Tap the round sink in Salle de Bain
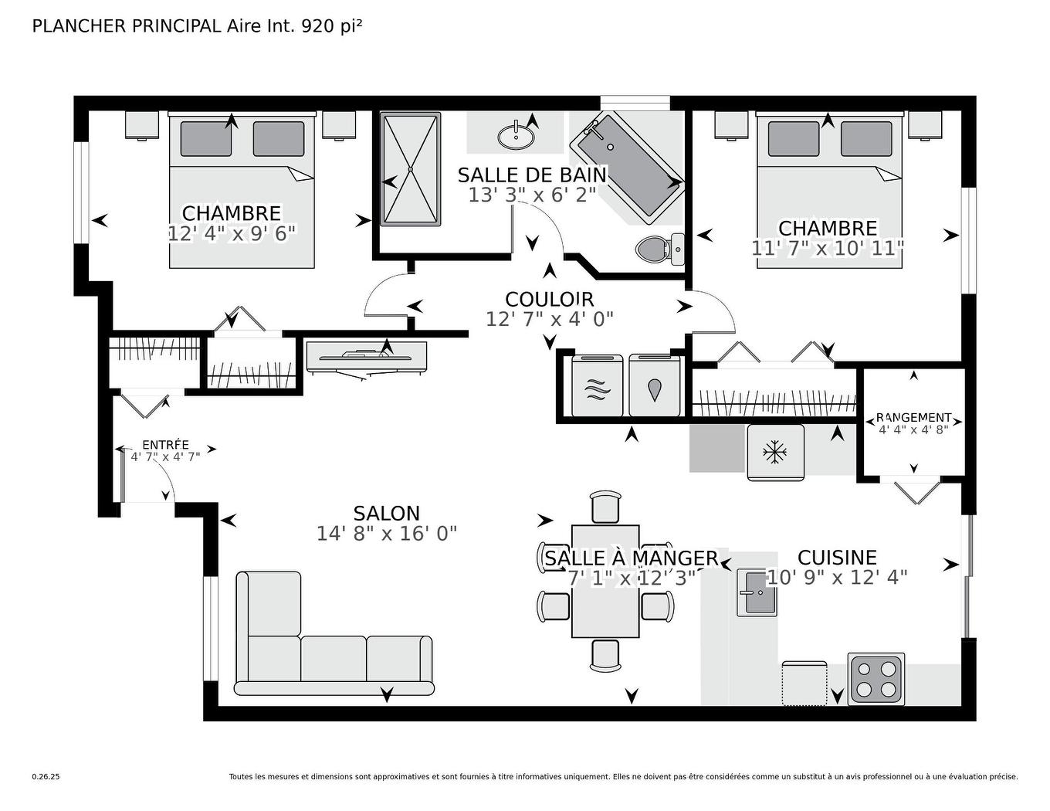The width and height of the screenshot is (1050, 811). [x=516, y=137]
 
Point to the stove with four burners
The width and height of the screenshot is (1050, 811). [x=876, y=679]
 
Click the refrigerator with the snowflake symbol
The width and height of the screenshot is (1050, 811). [x=774, y=452]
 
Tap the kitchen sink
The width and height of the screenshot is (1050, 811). [x=756, y=592]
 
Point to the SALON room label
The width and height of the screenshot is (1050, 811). [x=386, y=514]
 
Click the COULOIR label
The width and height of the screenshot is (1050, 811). [x=549, y=300]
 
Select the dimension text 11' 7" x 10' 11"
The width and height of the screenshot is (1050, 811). [x=827, y=248]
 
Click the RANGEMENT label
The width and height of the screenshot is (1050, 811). [x=913, y=417]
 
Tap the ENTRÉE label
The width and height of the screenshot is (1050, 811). [x=165, y=445]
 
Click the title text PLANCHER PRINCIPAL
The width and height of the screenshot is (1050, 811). [x=127, y=26]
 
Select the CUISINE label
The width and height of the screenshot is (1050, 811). [x=837, y=558]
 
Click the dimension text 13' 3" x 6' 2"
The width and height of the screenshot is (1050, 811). [x=533, y=195]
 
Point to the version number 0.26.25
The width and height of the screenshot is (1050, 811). [x=46, y=777]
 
